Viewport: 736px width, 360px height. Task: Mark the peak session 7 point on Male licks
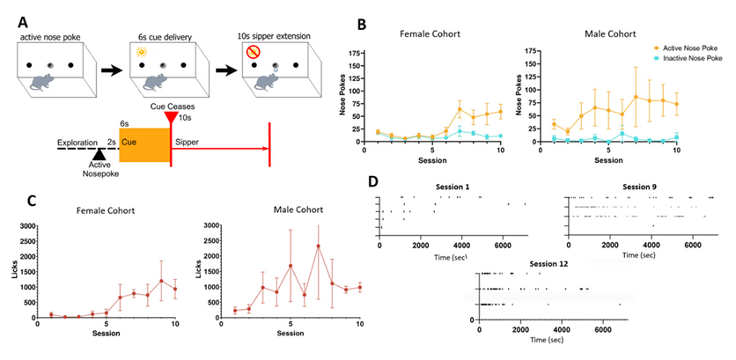[317, 246]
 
